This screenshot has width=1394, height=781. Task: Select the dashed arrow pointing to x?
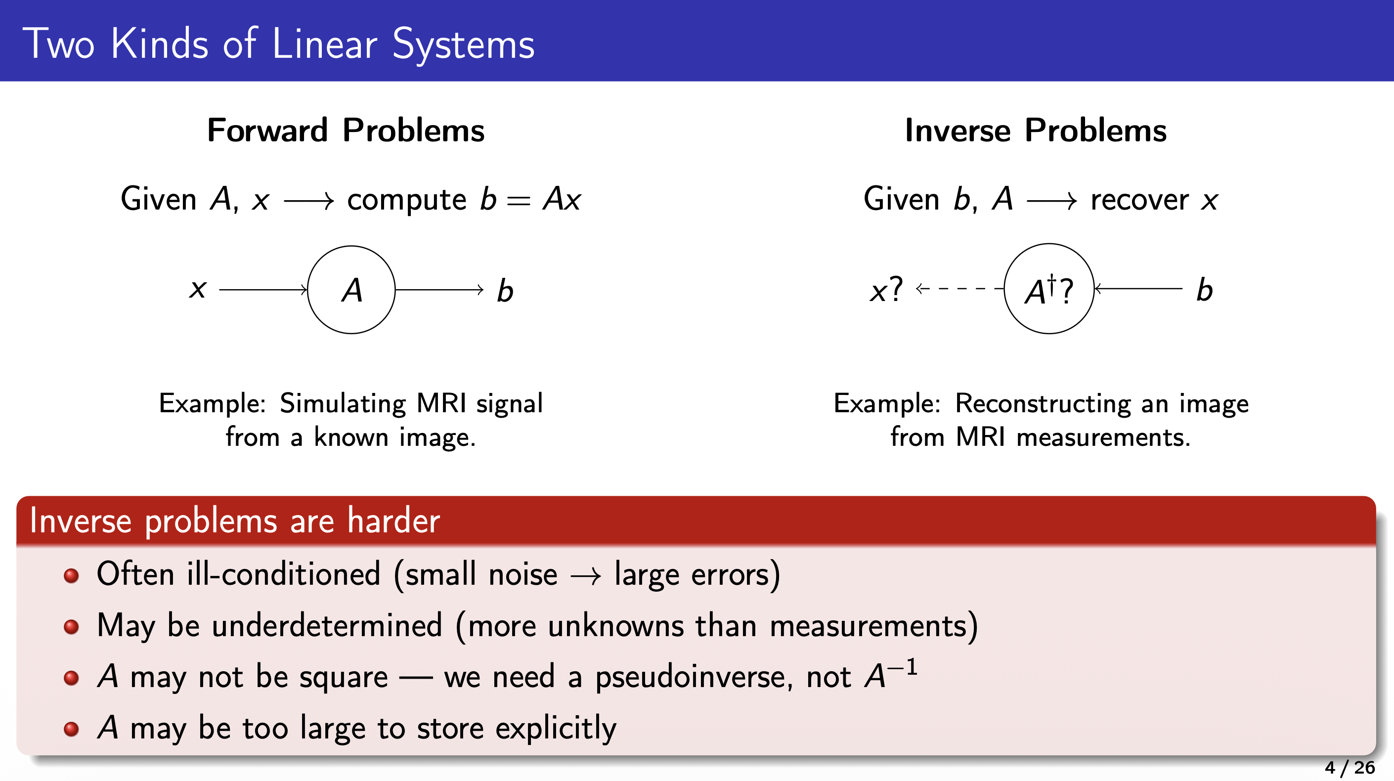[959, 289]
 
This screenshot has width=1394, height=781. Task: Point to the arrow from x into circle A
[263, 290]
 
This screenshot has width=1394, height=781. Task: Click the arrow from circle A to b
[439, 290]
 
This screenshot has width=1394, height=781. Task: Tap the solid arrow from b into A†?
[1138, 289]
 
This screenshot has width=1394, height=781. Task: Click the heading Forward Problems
[346, 130]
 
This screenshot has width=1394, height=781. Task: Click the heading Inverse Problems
[1036, 130]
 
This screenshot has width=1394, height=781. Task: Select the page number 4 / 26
[1349, 767]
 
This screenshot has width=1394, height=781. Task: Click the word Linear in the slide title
[325, 44]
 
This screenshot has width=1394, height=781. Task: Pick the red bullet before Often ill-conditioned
[72, 575]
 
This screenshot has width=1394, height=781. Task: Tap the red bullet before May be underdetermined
[72, 627]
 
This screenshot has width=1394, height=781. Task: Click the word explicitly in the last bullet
[556, 728]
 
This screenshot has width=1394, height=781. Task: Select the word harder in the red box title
[393, 521]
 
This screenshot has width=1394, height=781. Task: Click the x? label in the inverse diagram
[886, 290]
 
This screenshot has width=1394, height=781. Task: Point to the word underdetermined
[327, 626]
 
